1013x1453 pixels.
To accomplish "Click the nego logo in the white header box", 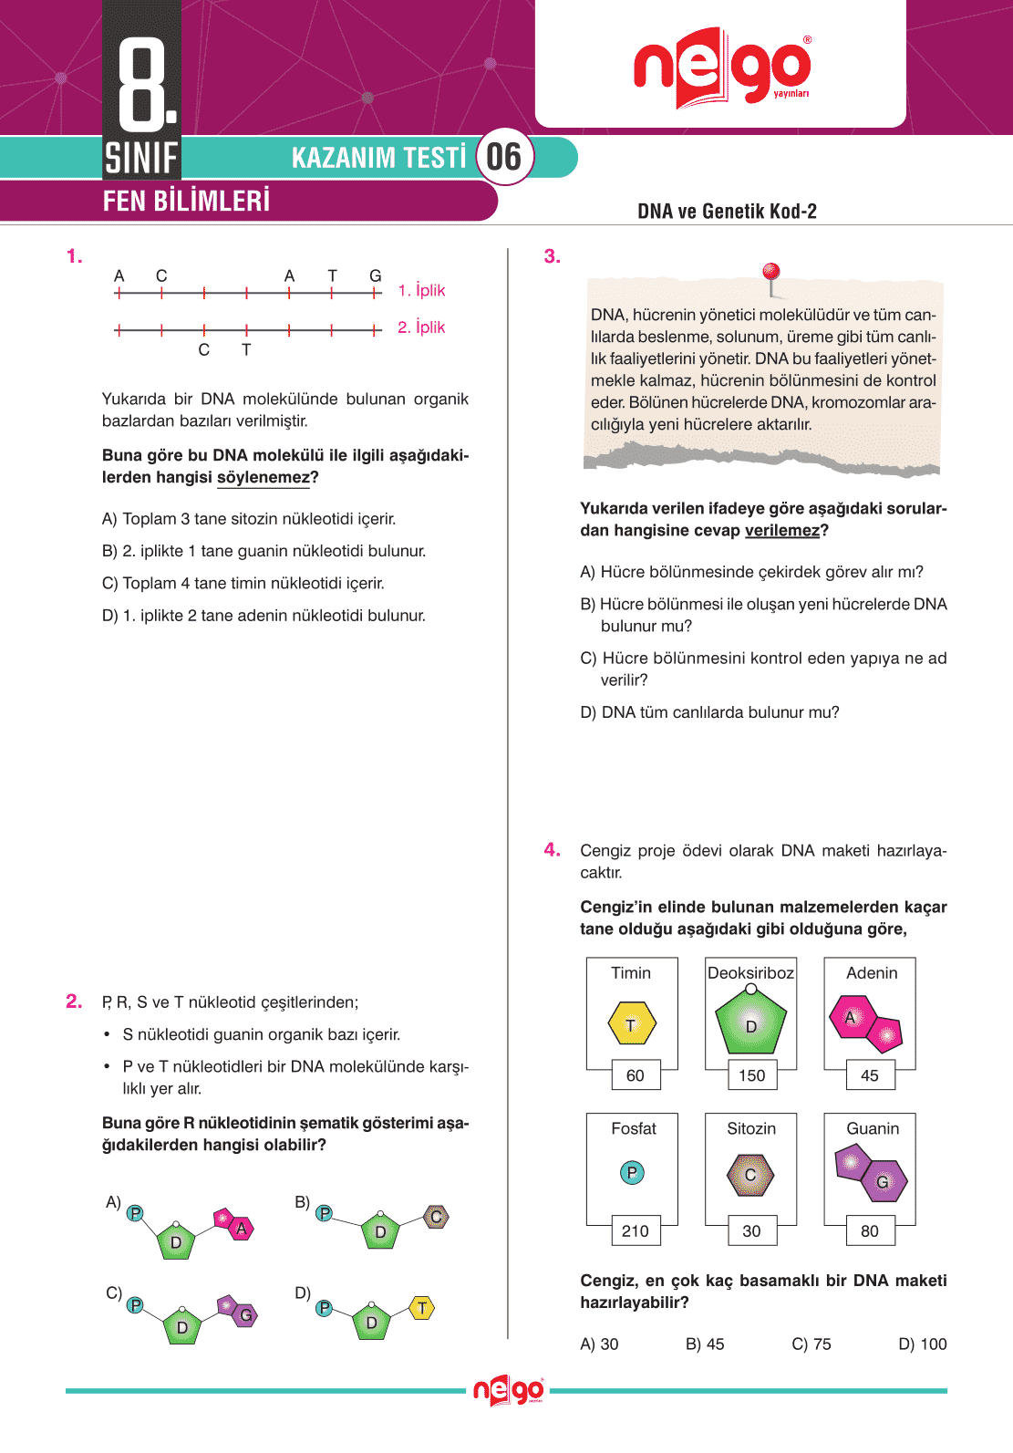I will pyautogui.click(x=721, y=68).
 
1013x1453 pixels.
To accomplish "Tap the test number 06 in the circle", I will pyautogui.click(x=504, y=157).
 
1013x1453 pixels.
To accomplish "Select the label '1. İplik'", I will pyautogui.click(x=421, y=290).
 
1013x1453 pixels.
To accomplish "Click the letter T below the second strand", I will pyautogui.click(x=246, y=350).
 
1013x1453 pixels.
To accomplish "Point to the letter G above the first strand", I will pyautogui.click(x=375, y=275).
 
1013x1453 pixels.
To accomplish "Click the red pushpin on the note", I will pyautogui.click(x=771, y=273).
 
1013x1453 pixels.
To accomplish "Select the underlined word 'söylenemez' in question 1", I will pyautogui.click(x=264, y=477).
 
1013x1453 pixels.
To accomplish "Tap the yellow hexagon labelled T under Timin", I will pyautogui.click(x=631, y=1023).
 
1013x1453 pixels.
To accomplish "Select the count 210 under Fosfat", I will pyautogui.click(x=635, y=1230).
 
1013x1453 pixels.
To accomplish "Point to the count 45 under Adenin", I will pyautogui.click(x=870, y=1075).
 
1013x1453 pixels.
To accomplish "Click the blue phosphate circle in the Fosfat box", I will pyautogui.click(x=632, y=1172).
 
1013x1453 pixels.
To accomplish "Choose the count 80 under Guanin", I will pyautogui.click(x=870, y=1230).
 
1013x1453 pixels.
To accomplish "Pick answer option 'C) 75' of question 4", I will pyautogui.click(x=811, y=1344).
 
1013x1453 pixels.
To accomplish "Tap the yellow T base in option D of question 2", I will pyautogui.click(x=421, y=1308).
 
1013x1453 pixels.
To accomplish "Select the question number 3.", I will pyautogui.click(x=552, y=256).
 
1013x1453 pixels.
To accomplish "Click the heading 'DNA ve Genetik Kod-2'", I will pyautogui.click(x=727, y=212).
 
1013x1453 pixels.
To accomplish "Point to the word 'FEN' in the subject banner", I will pyautogui.click(x=123, y=201).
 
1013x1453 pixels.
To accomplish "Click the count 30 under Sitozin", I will pyautogui.click(x=751, y=1230).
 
